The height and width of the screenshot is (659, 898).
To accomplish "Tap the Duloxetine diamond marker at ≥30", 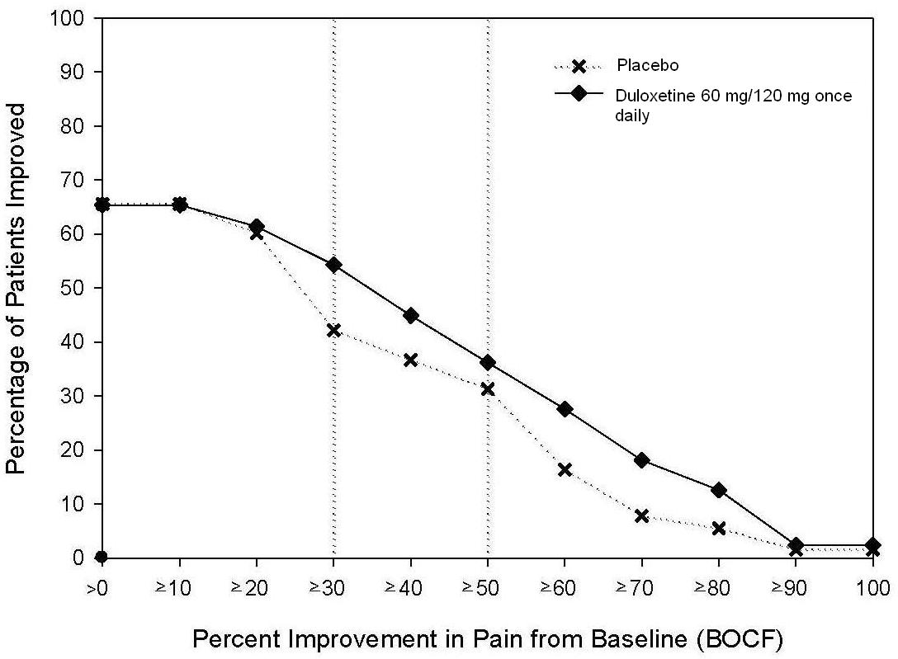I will (333, 265).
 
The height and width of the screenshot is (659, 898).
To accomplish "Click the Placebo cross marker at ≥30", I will (333, 330).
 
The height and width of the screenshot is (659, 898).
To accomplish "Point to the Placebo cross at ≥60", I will (565, 470).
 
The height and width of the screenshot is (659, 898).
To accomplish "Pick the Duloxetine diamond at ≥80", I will (719, 490).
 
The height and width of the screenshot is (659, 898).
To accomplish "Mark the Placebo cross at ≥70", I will (642, 516).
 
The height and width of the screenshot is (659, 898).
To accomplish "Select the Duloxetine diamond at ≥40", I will (410, 316).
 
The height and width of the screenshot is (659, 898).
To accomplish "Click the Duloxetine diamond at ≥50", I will (488, 363).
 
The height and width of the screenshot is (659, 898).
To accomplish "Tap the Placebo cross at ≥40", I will (410, 360).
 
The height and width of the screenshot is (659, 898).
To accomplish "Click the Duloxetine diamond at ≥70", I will (642, 460).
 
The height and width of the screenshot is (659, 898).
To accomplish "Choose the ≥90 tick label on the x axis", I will (795, 589).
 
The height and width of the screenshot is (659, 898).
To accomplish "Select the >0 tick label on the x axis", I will (102, 589).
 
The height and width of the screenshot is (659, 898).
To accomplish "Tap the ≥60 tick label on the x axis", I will (564, 589).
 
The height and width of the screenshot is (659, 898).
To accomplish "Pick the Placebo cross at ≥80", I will (719, 529).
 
